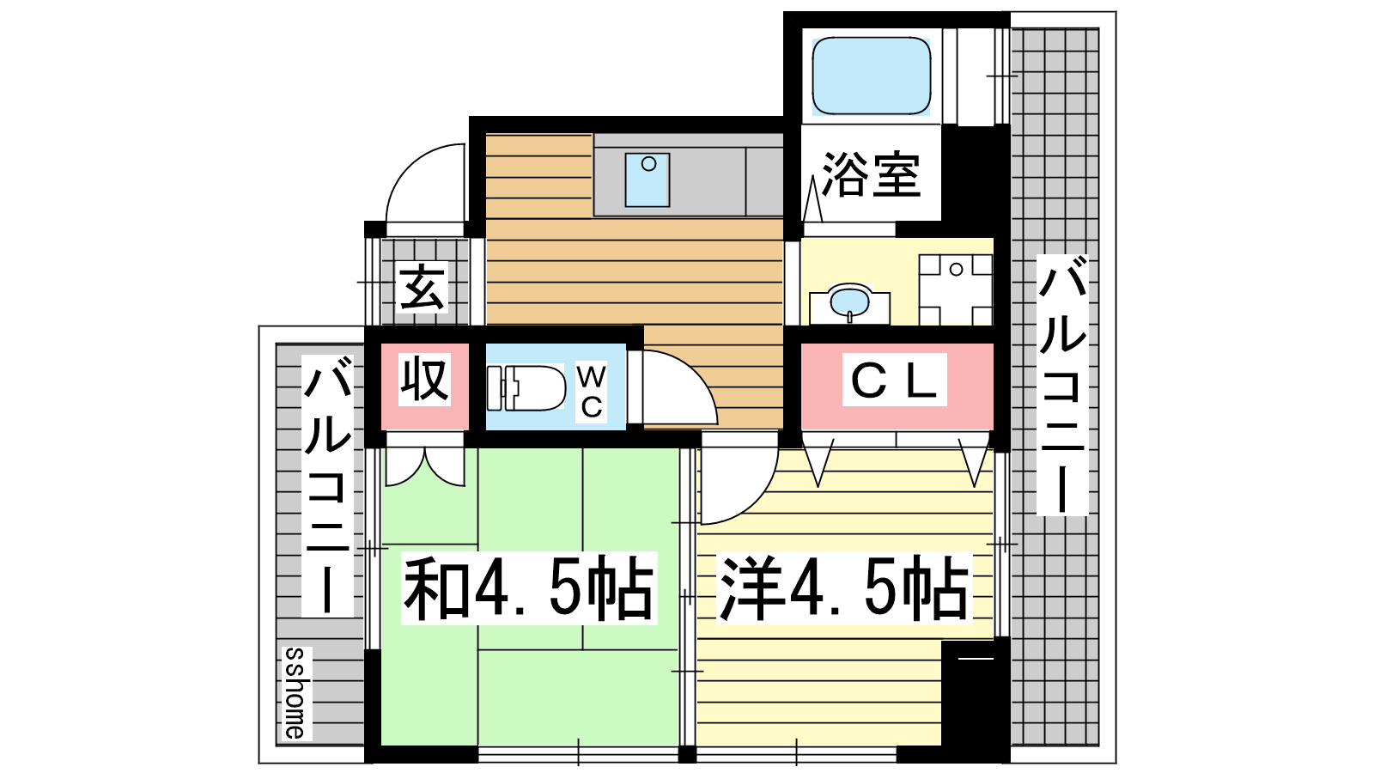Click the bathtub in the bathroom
pyautogui.click(x=871, y=76)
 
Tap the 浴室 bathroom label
pyautogui.click(x=871, y=174)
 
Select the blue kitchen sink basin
pyautogui.click(x=647, y=180)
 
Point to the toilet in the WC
pyautogui.click(x=526, y=387)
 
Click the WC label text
pyautogui.click(x=592, y=392)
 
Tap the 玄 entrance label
pyautogui.click(x=422, y=287)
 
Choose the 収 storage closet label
pyautogui.click(x=424, y=379)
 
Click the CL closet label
pyautogui.click(x=894, y=379)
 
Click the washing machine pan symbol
pyautogui.click(x=956, y=289)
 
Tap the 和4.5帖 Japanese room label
pyautogui.click(x=529, y=587)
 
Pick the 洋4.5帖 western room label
pyautogui.click(x=844, y=587)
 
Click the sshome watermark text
pyautogui.click(x=297, y=693)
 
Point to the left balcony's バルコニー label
pyautogui.click(x=327, y=486)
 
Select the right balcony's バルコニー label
pyautogui.click(x=1062, y=385)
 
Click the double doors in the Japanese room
pyautogui.click(x=425, y=466)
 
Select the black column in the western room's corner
pyautogui.click(x=976, y=692)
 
